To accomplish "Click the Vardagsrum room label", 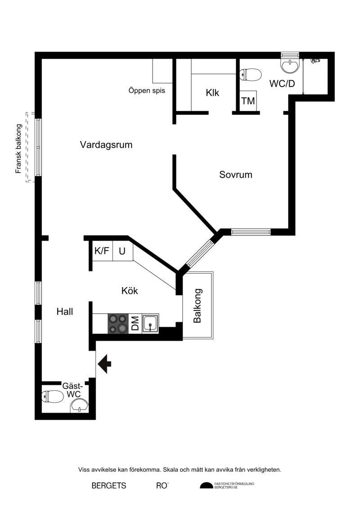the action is click(x=106, y=145).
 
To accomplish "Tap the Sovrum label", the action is click(x=236, y=175).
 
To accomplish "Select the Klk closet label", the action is click(x=212, y=93).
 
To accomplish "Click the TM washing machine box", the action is click(x=248, y=101).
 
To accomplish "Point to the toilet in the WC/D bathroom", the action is click(x=250, y=75).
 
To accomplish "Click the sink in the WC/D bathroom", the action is click(x=290, y=66).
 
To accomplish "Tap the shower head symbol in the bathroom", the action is click(x=315, y=60).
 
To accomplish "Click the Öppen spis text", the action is click(x=147, y=91).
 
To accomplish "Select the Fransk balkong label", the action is click(x=18, y=149).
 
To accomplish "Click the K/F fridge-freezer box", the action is click(x=102, y=251).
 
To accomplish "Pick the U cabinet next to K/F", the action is click(x=122, y=251).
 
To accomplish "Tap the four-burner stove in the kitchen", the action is click(x=118, y=323).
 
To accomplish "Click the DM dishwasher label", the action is click(x=135, y=323).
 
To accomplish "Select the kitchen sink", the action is click(x=150, y=323).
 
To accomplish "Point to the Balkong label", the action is click(x=198, y=306).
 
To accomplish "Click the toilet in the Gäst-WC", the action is click(x=53, y=396).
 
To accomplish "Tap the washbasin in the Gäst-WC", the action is click(x=80, y=406).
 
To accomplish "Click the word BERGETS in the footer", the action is click(x=109, y=486).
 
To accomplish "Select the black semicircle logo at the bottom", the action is click(x=206, y=486).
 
